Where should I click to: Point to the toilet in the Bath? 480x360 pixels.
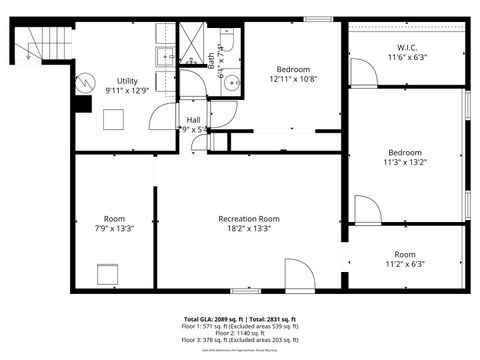point(226,42)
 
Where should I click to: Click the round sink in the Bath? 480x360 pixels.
point(228,84)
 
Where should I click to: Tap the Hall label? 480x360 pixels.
point(193,120)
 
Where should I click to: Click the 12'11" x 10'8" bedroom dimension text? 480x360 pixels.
point(293,79)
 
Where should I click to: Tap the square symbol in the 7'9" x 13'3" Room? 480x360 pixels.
point(107,273)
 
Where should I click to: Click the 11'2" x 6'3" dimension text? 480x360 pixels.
point(404,264)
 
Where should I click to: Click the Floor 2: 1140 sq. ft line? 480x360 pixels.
point(240,333)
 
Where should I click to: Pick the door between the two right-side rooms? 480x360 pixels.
point(366,210)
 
